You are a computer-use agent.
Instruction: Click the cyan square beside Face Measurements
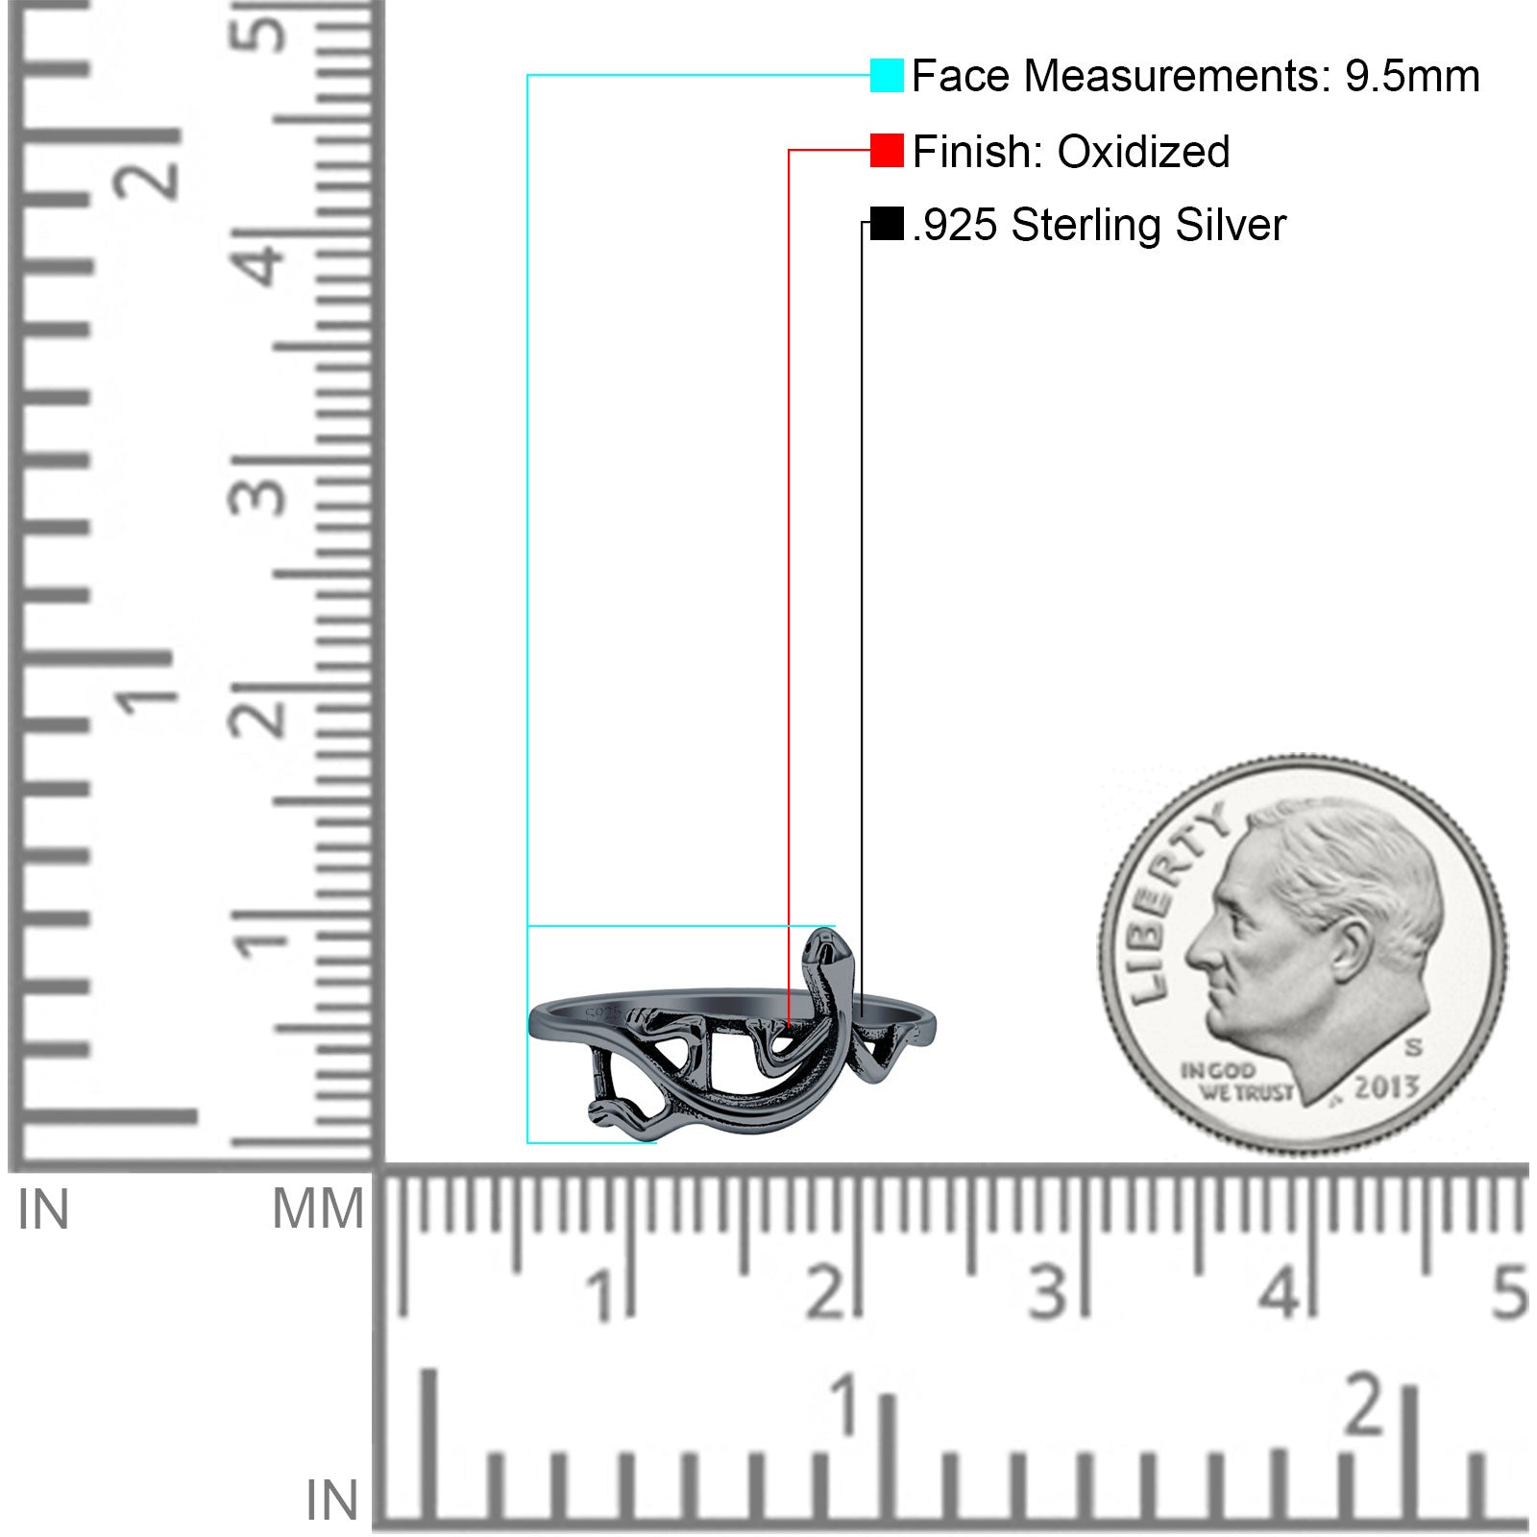887,75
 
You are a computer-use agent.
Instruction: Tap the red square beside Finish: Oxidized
887,150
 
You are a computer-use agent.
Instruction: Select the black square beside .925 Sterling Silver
887,224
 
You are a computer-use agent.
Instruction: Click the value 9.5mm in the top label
1412,76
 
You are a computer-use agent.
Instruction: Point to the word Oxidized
1143,151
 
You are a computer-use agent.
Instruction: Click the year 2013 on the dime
1386,1086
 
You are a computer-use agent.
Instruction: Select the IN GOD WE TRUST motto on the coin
1236,1082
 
